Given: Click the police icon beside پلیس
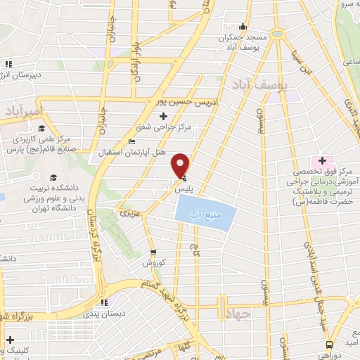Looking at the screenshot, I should (184, 179).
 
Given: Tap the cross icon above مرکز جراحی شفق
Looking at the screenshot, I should (163, 115).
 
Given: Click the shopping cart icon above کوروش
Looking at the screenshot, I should (153, 252).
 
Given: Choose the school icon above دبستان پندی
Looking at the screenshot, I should (105, 302).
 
